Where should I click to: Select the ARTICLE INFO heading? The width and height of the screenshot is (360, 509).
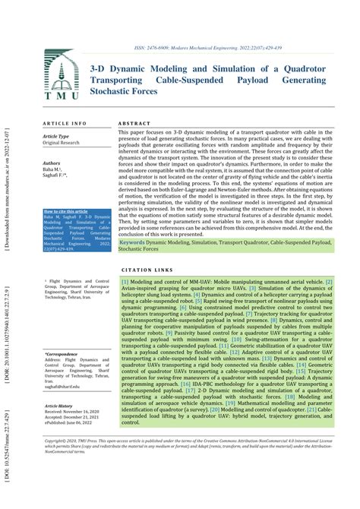coord(65,122)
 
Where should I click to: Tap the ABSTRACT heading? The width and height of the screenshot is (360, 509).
coord(134,122)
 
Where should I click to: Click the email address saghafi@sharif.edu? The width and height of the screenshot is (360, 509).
coord(64,387)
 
